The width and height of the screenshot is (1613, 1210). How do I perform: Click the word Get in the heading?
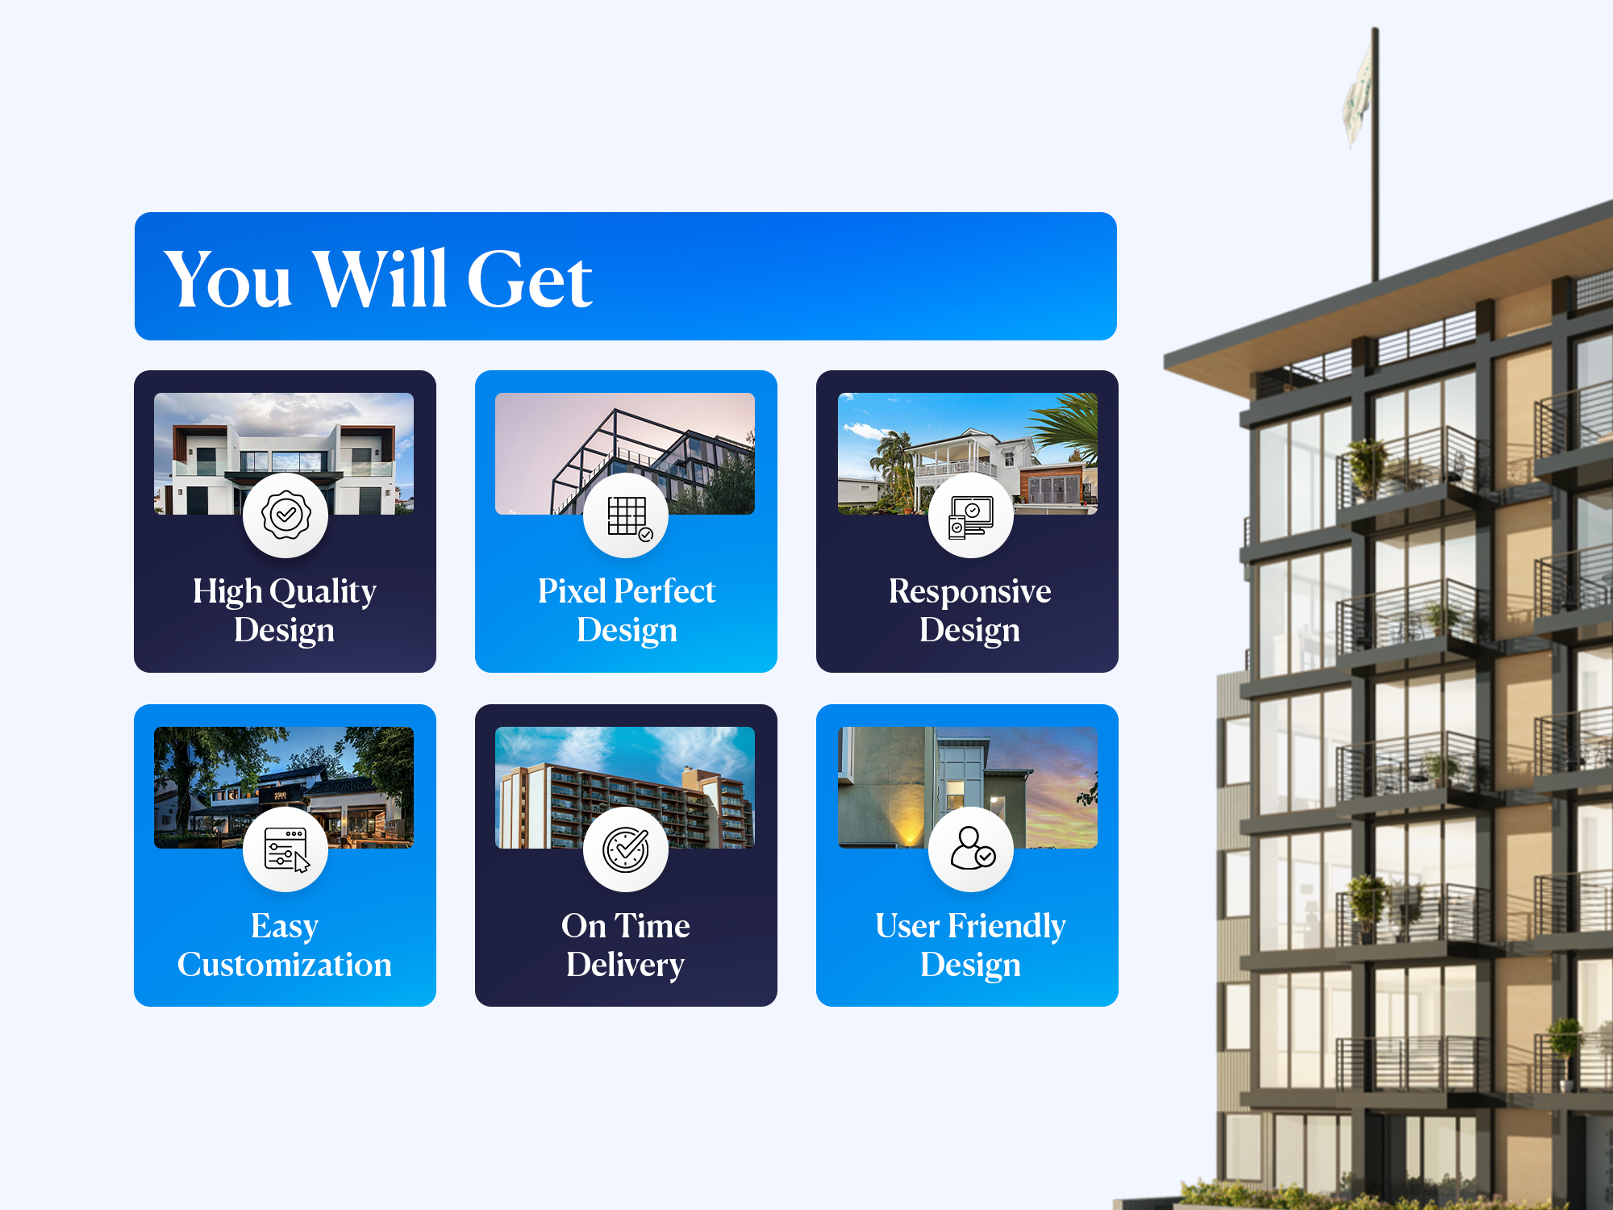tap(529, 279)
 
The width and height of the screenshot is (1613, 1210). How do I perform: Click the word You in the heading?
tap(227, 279)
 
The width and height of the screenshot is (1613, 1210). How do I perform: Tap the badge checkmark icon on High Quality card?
tap(286, 515)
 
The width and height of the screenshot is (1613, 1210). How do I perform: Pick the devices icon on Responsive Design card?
tap(970, 516)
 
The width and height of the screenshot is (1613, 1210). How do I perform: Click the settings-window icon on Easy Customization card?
tap(286, 850)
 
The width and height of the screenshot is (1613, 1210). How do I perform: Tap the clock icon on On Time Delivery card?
tap(626, 849)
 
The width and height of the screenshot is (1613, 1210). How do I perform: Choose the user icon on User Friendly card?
tap(972, 849)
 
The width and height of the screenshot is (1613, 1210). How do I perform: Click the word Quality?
tap(323, 592)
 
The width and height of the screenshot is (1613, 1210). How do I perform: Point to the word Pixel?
tap(572, 591)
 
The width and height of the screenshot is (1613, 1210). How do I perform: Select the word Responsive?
tap(969, 592)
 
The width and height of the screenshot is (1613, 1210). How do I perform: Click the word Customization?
tap(285, 965)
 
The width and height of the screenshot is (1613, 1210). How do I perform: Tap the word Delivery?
tap(625, 966)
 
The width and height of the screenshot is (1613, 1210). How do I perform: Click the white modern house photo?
tap(284, 453)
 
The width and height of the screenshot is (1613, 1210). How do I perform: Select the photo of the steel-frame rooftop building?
tap(625, 453)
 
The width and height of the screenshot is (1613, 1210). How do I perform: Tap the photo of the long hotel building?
tap(625, 787)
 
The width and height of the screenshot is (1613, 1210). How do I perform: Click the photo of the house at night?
tap(284, 787)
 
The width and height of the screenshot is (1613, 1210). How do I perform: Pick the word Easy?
tap(285, 927)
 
